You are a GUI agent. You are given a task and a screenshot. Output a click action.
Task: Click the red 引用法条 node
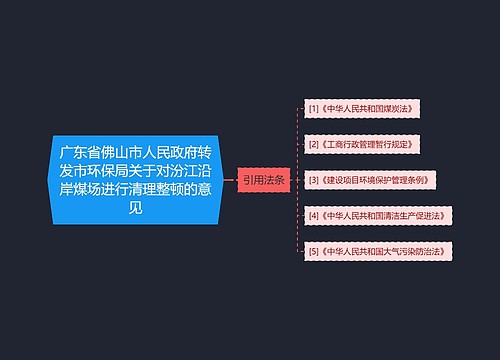pos(263,180)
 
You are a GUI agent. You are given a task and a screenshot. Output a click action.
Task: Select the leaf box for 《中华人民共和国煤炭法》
pos(363,107)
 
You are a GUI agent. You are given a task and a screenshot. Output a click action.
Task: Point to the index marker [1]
pos(315,107)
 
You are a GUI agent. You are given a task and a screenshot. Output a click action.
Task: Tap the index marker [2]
pos(315,143)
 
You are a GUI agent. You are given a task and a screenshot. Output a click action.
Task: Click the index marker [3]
pos(315,180)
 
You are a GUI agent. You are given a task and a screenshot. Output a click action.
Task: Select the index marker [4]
pos(315,215)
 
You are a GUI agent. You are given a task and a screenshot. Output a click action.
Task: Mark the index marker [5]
pos(315,251)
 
